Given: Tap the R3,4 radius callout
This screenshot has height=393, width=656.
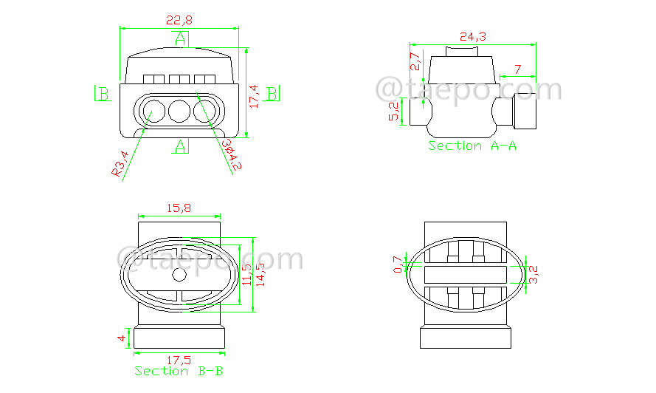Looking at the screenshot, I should coord(120,163).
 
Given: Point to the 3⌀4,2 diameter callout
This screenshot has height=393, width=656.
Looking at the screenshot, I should coord(231,154).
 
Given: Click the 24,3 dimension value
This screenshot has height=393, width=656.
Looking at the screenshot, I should coord(472,36).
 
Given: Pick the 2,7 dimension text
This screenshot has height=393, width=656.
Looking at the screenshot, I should coord(415,61).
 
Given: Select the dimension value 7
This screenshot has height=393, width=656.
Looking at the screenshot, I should coord(517,69).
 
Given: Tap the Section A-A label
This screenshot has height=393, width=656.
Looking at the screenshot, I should coord(472,146).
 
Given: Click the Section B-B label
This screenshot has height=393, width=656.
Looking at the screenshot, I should coord(179,370).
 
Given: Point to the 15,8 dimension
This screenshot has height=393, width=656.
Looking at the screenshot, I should coord(179,209).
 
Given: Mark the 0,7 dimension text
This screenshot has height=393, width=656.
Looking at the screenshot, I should coord(398,264).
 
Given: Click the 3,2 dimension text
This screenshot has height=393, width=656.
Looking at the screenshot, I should coord(535,275).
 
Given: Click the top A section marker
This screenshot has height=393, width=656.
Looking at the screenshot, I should coord(180,39).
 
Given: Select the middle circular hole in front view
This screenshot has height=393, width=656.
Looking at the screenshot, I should coord(179,112).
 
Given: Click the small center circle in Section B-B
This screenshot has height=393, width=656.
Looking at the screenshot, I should coord(179,275).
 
